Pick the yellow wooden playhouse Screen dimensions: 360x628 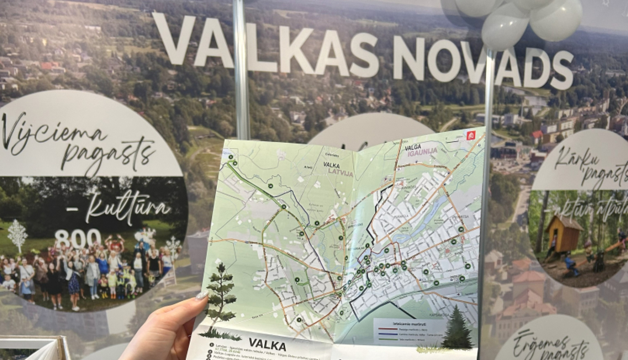click(x=564, y=234)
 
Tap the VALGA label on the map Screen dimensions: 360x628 click(x=413, y=148)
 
